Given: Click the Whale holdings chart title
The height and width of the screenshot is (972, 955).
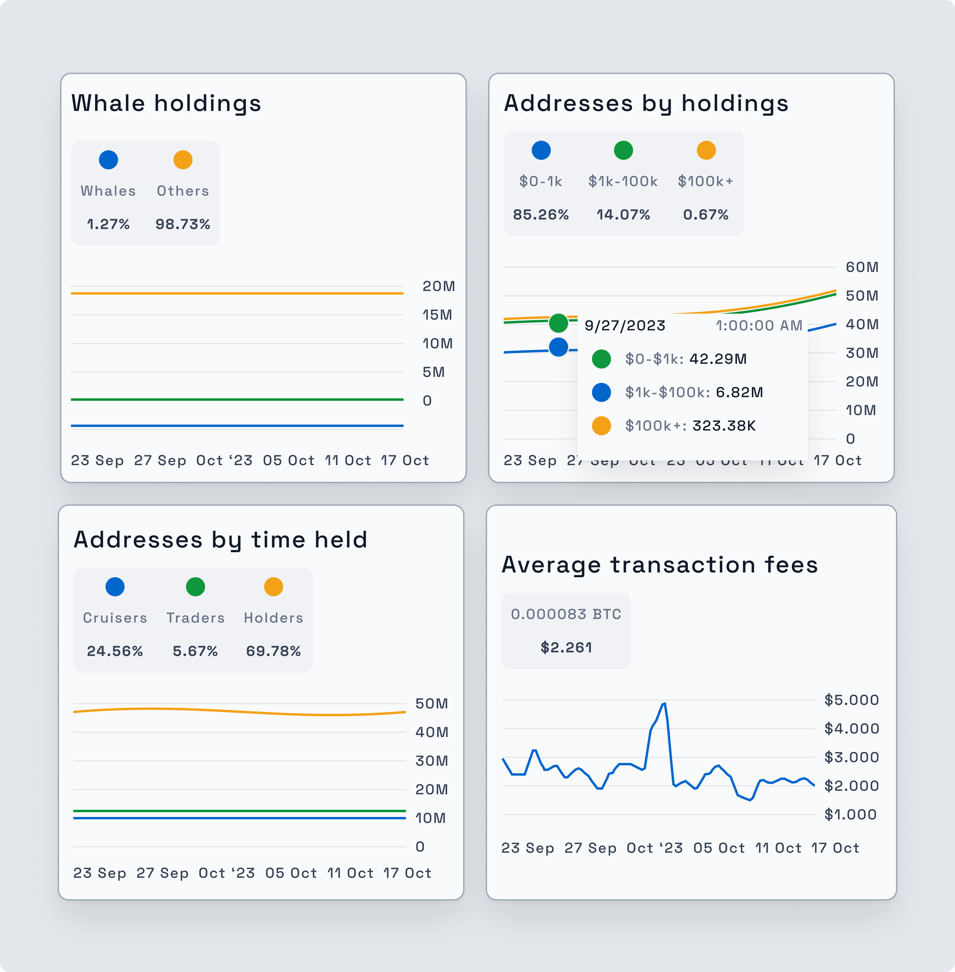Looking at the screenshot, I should [x=166, y=103].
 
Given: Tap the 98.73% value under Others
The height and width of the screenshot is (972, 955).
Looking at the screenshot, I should [x=183, y=224].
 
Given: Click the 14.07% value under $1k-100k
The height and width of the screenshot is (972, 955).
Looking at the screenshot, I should [x=623, y=215].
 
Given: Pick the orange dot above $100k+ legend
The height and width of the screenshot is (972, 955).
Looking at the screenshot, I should [x=706, y=150].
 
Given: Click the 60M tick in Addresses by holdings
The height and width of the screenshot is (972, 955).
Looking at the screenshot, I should [x=862, y=267].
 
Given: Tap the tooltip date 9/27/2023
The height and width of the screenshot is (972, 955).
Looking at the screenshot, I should [x=625, y=326].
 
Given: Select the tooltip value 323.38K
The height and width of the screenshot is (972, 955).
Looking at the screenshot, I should [x=724, y=425].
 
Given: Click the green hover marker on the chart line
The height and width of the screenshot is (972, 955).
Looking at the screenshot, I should [x=558, y=323].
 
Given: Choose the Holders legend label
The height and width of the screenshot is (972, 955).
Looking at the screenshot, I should [x=273, y=618].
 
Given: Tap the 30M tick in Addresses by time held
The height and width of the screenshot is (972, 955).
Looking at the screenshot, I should [x=431, y=761].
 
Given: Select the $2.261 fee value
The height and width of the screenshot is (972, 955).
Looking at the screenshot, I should [x=566, y=647].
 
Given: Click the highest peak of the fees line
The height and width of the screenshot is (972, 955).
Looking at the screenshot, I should [x=664, y=704].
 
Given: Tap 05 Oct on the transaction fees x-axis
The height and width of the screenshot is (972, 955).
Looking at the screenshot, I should [x=719, y=848].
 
